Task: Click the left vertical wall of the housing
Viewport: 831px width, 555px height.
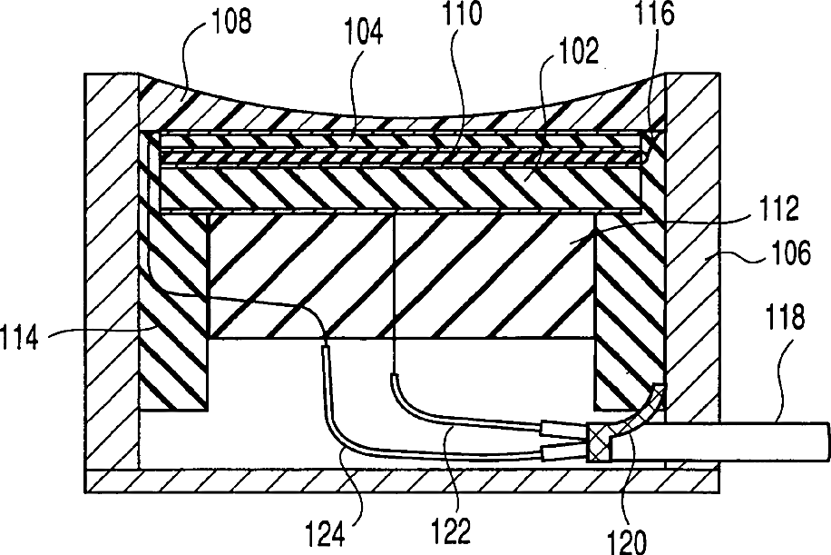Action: coord(111,273)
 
